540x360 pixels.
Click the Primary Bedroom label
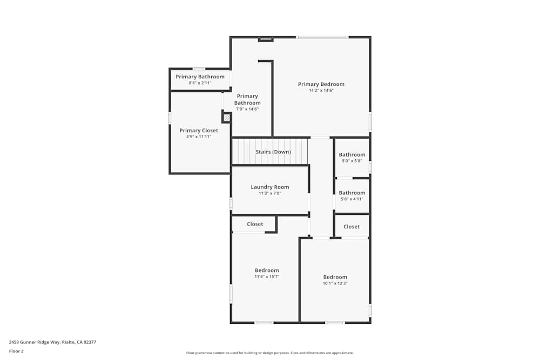(321, 84)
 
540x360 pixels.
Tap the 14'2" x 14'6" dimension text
(321, 91)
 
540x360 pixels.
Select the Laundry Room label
(269, 187)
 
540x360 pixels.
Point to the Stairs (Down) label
(273, 152)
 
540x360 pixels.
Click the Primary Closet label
(199, 131)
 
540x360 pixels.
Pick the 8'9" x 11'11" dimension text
(199, 137)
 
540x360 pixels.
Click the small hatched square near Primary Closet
(227, 117)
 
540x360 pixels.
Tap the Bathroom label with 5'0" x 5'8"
(352, 155)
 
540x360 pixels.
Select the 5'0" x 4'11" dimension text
(352, 199)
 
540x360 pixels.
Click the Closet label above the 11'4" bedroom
(255, 224)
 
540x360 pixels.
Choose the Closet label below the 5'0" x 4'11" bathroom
(352, 227)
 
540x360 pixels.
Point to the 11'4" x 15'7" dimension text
(267, 276)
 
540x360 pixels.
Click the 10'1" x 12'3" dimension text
(335, 283)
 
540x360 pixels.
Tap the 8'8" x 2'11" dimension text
(200, 83)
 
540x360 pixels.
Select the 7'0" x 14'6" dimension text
(247, 109)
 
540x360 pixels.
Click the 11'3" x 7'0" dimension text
(269, 193)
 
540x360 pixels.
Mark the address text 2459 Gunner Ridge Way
(52, 342)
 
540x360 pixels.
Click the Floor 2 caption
(16, 351)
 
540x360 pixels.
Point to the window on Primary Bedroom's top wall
(322, 37)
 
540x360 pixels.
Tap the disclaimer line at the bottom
(270, 353)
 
